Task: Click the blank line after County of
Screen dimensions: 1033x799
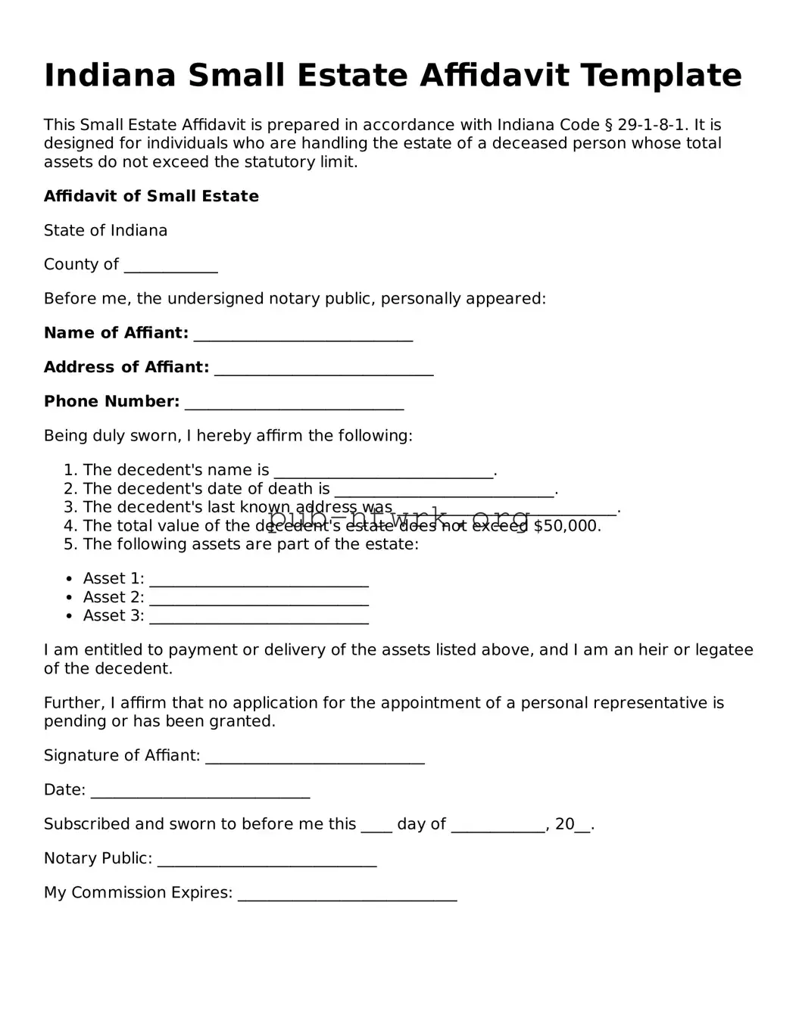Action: click(170, 266)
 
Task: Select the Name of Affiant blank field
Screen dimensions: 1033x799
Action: click(303, 335)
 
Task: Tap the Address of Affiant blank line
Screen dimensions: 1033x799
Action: click(323, 369)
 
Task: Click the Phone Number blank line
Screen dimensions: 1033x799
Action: click(294, 403)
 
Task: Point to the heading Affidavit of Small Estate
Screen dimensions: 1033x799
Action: click(151, 196)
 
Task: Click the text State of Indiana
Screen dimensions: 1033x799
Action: click(105, 230)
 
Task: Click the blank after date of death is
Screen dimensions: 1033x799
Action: click(444, 491)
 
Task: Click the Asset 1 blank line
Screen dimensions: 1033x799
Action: click(259, 581)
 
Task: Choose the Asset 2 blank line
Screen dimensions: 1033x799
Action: click(259, 599)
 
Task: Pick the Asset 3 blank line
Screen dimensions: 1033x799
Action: click(259, 618)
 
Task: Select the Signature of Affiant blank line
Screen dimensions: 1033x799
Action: click(314, 758)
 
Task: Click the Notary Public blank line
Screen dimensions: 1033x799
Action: click(267, 860)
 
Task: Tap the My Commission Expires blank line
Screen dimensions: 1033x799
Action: click(347, 895)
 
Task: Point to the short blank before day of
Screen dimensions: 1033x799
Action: click(376, 826)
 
